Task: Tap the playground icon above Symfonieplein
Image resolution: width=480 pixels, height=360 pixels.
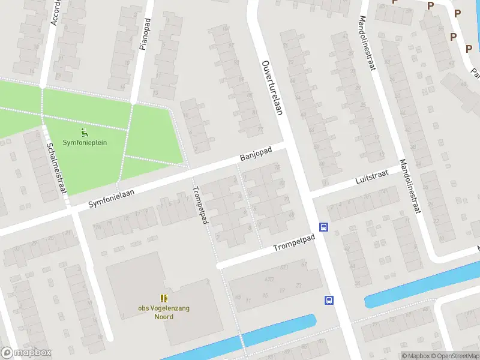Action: pos(84,132)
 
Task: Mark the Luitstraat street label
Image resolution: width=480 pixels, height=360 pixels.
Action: pos(371,175)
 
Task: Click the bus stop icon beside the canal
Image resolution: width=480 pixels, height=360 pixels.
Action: pos(329,301)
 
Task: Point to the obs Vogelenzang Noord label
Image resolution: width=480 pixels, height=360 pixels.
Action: pos(164,312)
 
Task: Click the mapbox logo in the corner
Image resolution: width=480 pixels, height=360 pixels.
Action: pos(26,353)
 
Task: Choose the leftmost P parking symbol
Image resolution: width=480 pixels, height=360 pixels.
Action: pos(395,2)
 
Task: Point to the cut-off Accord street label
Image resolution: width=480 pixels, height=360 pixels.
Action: pos(56,11)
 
